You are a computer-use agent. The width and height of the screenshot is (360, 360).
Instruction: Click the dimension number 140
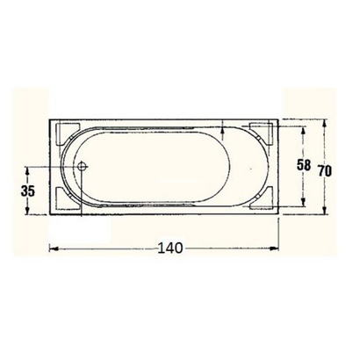[171, 249]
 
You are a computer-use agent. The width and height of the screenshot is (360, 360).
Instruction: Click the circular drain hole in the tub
[82, 165]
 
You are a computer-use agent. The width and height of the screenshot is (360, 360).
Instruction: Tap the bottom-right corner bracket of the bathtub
[262, 198]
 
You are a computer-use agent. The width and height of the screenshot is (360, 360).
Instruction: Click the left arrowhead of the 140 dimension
[52, 249]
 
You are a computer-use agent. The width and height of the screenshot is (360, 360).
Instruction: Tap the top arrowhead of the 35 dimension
[30, 169]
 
